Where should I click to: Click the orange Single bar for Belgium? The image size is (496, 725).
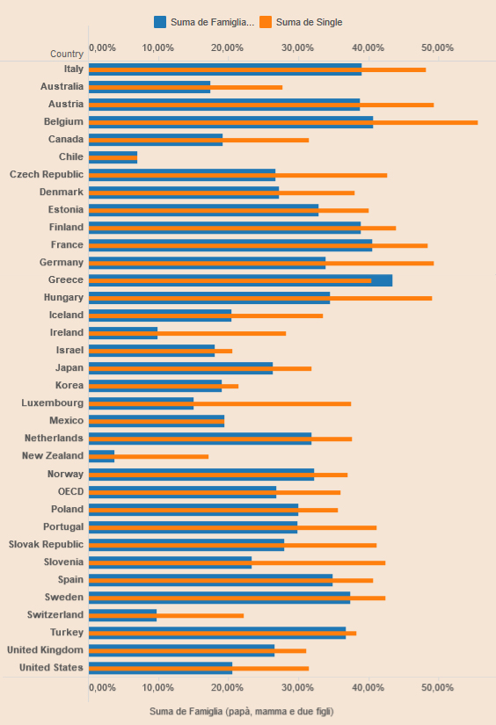tap(283, 122)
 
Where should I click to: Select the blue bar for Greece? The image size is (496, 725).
tap(241, 280)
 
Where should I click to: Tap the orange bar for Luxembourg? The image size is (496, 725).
tap(220, 403)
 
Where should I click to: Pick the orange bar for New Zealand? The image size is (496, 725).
tap(149, 456)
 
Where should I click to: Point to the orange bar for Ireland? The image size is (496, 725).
tap(187, 333)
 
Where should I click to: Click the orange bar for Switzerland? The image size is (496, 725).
tap(166, 615)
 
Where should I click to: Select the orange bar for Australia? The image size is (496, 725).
tap(186, 87)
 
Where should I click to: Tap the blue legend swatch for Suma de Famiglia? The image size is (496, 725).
tap(160, 22)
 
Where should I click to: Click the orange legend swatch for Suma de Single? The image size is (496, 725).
tap(266, 22)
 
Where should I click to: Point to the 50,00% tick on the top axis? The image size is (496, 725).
tap(438, 47)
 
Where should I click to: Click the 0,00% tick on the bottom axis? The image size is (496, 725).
tap(102, 687)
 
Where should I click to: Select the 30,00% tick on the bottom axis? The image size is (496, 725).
tap(298, 687)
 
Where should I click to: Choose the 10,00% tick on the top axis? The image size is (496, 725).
tap(157, 47)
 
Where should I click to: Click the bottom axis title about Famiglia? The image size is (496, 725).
tap(242, 711)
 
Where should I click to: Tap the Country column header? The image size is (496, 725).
tap(67, 54)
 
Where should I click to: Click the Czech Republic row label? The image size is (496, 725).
tap(47, 174)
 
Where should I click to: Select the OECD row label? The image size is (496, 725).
tap(70, 491)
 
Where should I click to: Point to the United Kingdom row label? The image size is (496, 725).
tap(46, 649)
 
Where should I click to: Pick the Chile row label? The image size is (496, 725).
tap(71, 156)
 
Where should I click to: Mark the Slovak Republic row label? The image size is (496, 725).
tap(47, 544)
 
